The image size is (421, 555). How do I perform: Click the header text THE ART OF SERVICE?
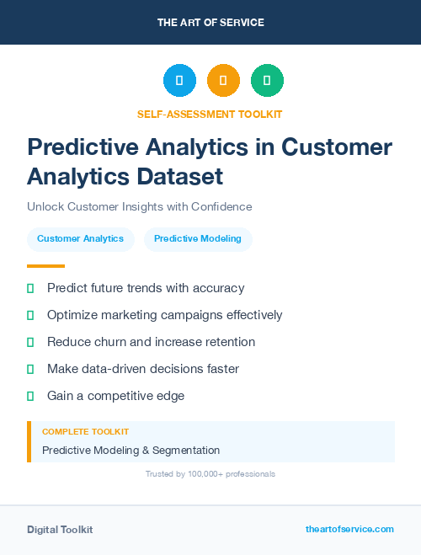210,23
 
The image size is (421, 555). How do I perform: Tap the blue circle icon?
179,81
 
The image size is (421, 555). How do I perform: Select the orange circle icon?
223,81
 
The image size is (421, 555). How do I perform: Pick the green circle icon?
267,81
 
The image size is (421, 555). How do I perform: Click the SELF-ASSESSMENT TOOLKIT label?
210,114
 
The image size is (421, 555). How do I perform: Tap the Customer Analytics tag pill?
80,238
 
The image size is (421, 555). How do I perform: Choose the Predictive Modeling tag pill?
198,238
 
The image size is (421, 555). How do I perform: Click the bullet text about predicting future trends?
146,288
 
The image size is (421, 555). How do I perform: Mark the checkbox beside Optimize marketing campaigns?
30,315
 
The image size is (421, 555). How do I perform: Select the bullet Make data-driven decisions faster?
143,369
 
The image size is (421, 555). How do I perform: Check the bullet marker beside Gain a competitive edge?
30,396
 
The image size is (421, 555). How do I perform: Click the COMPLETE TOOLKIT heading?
85,431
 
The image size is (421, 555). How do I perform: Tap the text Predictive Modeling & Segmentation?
131,451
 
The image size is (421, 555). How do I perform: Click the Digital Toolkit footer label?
60,530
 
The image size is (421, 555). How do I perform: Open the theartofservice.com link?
349,529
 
